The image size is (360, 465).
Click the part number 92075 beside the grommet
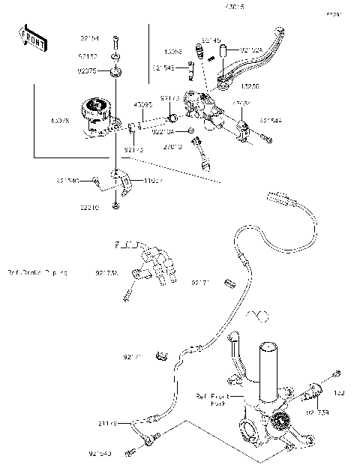pyautogui.click(x=89, y=71)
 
